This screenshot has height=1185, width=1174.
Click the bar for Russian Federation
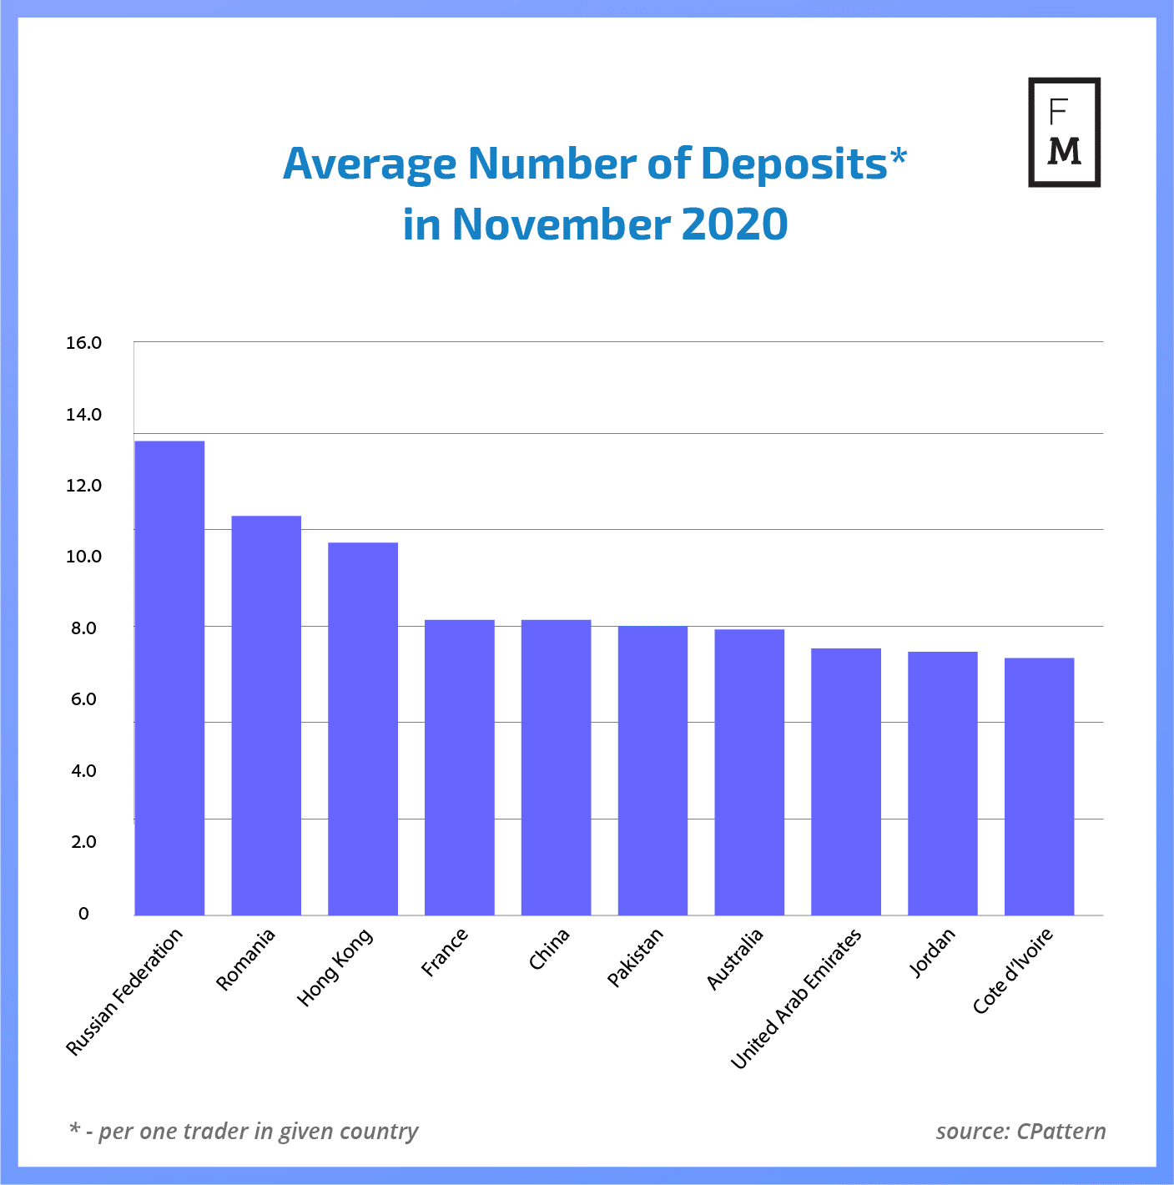(169, 678)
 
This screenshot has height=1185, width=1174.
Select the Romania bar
(266, 715)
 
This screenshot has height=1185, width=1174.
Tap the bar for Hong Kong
(363, 729)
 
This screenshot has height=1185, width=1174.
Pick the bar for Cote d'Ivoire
(1039, 786)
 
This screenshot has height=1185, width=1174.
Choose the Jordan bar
(943, 783)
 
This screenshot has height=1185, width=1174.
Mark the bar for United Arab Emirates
(846, 781)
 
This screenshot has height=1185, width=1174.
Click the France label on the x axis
(445, 952)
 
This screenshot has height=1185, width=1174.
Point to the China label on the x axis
(549, 949)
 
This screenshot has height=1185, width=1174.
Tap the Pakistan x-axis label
(635, 957)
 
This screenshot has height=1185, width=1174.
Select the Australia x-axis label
(734, 959)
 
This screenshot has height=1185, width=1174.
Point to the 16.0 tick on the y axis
(83, 343)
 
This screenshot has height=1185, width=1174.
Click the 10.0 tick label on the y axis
(83, 557)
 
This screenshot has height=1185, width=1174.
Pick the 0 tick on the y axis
(83, 914)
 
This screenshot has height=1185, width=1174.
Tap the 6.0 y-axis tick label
(83, 699)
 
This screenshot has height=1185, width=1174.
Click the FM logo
(1064, 132)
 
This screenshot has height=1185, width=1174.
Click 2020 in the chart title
(734, 224)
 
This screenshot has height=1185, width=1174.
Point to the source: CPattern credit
(1020, 1132)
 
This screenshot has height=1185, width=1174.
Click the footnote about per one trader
(244, 1132)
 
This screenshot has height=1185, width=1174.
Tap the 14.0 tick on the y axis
(83, 415)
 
